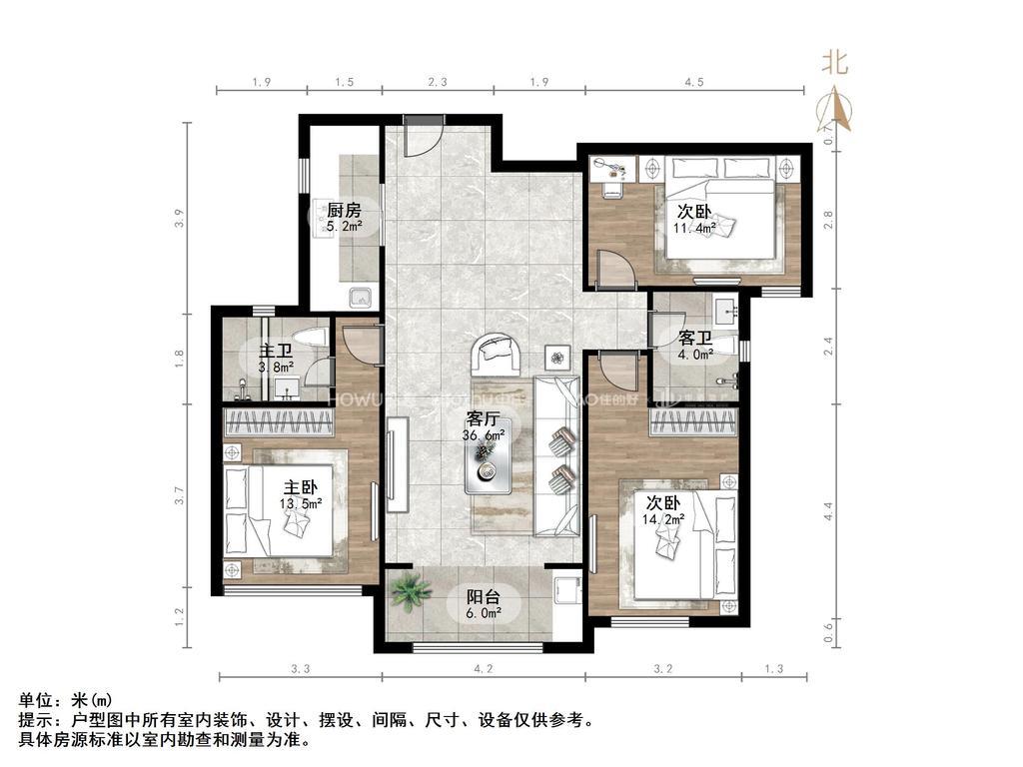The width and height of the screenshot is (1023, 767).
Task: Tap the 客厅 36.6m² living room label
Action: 485,426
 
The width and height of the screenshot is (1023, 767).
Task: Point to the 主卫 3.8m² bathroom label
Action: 277,359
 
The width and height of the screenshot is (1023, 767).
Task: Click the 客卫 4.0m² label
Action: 695,346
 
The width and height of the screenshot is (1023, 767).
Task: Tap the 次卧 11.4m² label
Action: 695,219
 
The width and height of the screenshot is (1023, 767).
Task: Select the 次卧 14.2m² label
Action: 664,509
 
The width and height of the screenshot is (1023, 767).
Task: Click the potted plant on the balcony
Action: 409,592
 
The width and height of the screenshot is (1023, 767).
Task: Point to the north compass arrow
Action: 835,105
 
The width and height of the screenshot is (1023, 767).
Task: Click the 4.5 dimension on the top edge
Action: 692,81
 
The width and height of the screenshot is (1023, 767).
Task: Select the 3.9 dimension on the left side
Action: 179,218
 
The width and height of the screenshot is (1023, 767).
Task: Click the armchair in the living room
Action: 497,351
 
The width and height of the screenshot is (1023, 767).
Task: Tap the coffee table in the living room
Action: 487,464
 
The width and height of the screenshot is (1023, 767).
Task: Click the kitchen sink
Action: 360,298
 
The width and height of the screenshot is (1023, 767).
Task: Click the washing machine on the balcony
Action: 566,589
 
